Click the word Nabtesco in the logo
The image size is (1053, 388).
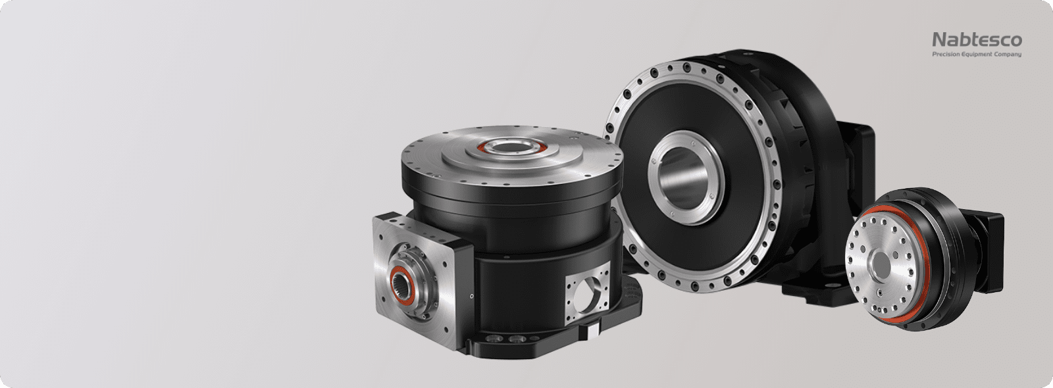pos(977,40)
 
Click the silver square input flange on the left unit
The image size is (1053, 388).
pos(419,279)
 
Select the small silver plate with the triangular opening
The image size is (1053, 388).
pos(587,293)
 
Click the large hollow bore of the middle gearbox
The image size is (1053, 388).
pos(684,178)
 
